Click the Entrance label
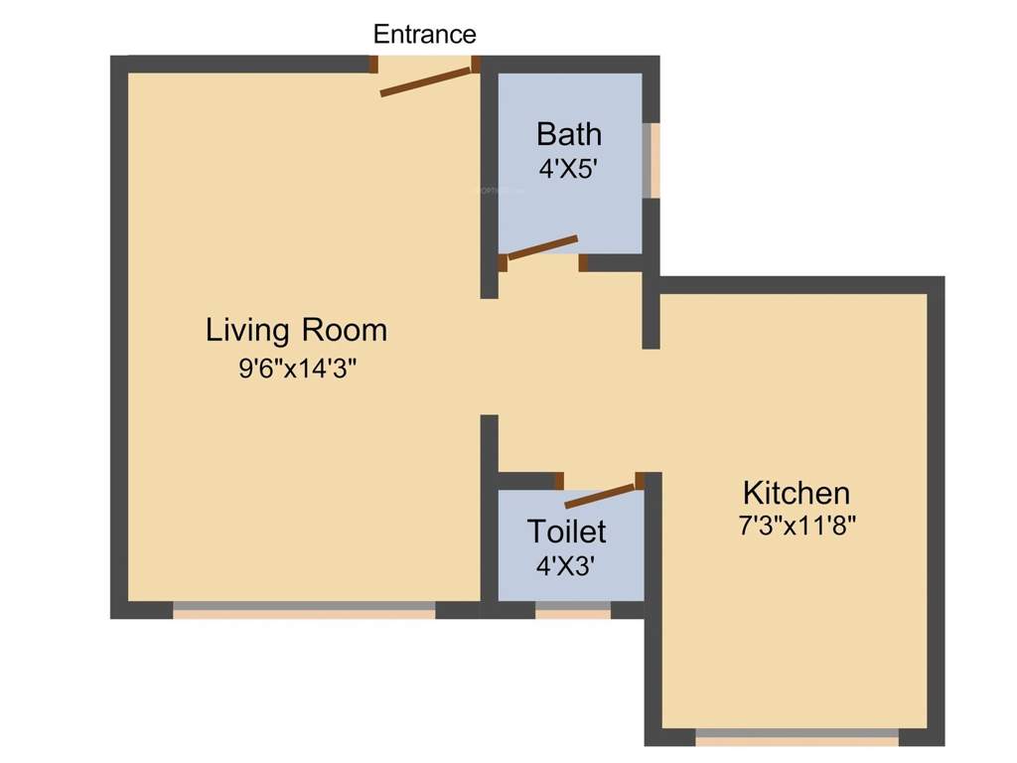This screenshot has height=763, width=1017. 424,34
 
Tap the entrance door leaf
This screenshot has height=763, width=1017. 425,80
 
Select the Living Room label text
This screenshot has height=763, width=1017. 296,330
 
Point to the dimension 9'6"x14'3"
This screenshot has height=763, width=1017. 296,369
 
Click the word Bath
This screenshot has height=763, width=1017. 568,133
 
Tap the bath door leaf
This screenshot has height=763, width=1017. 542,247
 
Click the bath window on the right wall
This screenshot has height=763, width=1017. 651,160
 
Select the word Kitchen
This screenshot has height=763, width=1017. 796,493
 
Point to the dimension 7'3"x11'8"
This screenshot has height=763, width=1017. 797,526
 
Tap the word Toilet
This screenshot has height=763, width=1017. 566,531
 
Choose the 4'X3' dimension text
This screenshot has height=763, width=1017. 566,566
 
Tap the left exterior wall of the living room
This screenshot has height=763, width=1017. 119,338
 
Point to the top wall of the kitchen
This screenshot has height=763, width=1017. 795,285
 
